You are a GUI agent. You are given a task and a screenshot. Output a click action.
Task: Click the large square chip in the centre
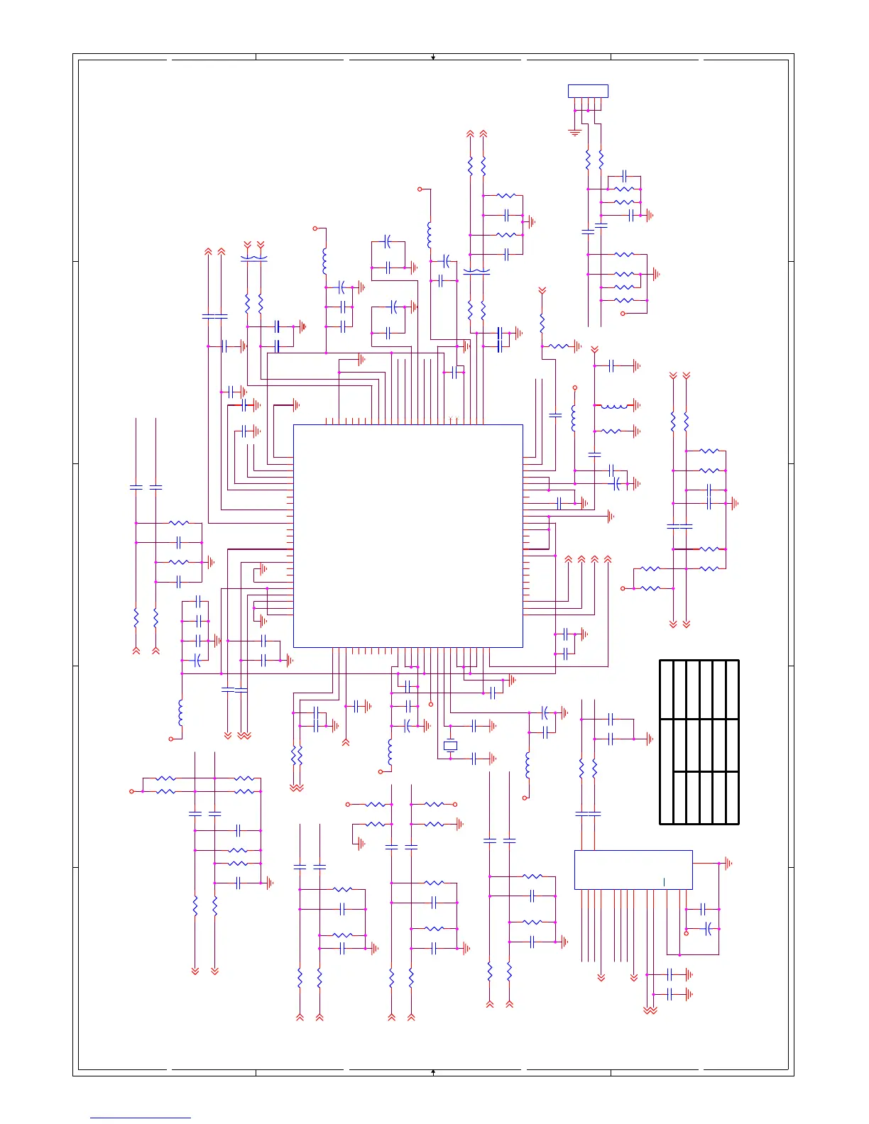(x=408, y=536)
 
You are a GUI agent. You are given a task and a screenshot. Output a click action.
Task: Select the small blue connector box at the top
(x=588, y=91)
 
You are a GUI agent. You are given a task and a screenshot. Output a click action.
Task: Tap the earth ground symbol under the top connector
(x=575, y=132)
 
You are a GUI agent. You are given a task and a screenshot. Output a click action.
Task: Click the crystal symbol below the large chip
(x=450, y=746)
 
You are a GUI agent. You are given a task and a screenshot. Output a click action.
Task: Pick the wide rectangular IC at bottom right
(x=633, y=869)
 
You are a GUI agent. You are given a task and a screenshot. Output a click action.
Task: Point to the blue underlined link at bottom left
(x=141, y=1118)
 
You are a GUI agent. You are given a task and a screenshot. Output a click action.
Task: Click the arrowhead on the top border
(x=433, y=57)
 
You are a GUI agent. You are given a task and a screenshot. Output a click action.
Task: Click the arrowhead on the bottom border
(x=433, y=1071)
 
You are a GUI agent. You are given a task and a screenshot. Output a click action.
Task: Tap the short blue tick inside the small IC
(x=665, y=882)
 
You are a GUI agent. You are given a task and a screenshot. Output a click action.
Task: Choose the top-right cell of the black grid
(x=732, y=689)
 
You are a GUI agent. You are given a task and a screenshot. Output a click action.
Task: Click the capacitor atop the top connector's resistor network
(x=624, y=176)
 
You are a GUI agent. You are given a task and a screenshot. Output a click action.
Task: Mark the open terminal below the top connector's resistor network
(x=623, y=314)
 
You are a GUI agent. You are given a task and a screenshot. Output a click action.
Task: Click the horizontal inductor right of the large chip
(x=614, y=406)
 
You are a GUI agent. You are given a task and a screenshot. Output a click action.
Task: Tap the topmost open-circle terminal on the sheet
(x=420, y=189)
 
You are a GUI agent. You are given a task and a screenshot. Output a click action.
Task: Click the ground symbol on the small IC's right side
(x=726, y=864)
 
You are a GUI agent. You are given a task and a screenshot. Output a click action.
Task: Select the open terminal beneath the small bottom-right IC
(x=686, y=933)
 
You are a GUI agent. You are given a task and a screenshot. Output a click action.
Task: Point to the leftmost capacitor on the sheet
(x=136, y=487)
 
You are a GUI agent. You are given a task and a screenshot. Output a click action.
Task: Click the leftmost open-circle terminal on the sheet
(x=131, y=791)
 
